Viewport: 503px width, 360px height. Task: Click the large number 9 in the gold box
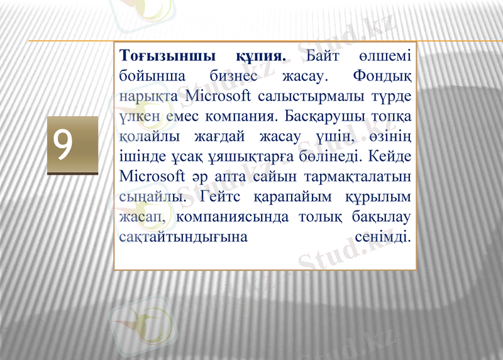coord(63,145)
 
